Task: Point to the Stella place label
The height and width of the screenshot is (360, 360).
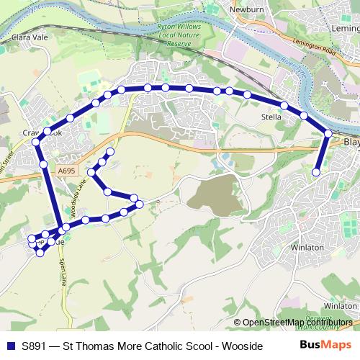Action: point(271,116)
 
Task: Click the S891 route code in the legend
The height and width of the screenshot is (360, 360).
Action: point(36,345)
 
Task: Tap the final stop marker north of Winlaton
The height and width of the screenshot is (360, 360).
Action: point(316,172)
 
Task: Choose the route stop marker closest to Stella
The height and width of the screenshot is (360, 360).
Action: point(284,106)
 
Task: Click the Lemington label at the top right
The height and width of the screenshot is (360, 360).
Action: point(343,27)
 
